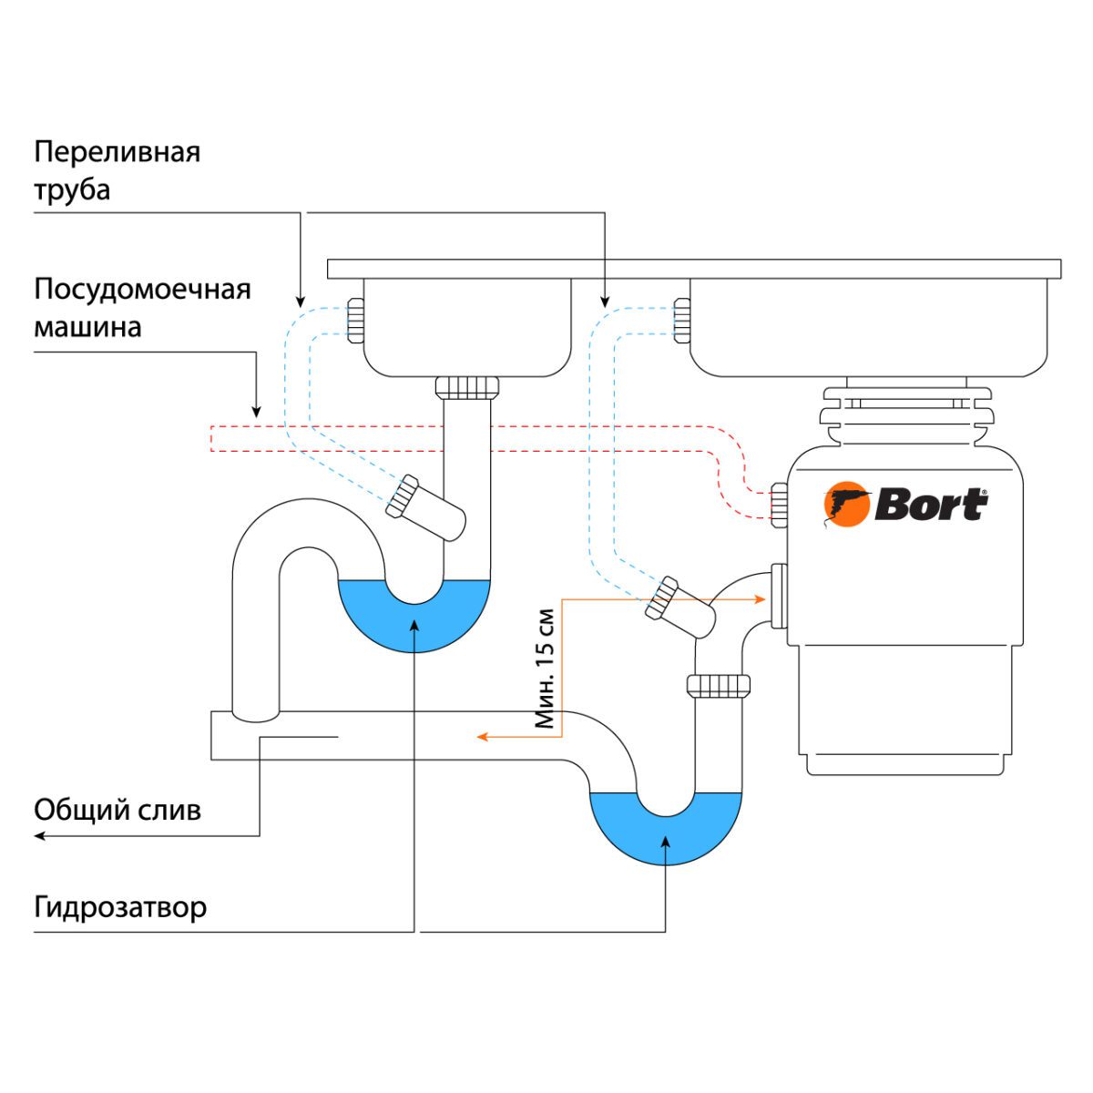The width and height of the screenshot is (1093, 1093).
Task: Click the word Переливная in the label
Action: pyautogui.click(x=117, y=151)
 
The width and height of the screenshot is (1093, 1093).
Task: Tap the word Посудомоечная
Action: pyautogui.click(x=142, y=290)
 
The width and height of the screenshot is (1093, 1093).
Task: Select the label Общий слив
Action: pyautogui.click(x=117, y=810)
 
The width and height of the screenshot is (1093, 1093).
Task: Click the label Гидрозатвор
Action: pyautogui.click(x=120, y=907)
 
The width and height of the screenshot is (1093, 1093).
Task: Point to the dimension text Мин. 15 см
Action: pyautogui.click(x=545, y=668)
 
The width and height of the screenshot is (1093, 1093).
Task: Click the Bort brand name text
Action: pyautogui.click(x=930, y=505)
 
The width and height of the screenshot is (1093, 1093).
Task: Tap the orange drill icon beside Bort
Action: pyautogui.click(x=846, y=506)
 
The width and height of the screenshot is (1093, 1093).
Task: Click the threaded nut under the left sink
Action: pyautogui.click(x=467, y=386)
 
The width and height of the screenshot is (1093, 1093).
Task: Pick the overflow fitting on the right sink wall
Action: pyautogui.click(x=680, y=321)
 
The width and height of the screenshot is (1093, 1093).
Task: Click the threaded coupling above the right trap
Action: pyautogui.click(x=720, y=686)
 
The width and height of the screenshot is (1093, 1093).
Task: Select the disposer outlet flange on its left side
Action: pyautogui.click(x=779, y=596)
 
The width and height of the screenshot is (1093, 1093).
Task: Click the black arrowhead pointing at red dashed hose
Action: pyautogui.click(x=256, y=413)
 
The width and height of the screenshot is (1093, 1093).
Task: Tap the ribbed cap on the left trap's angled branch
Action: pyautogui.click(x=402, y=496)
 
